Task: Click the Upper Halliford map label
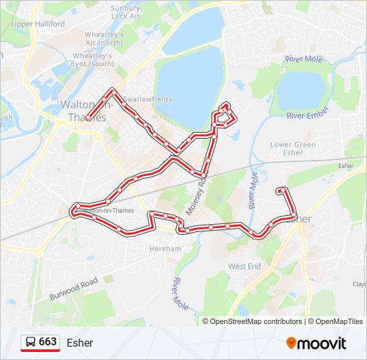[38, 24]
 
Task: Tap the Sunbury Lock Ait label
[125, 12]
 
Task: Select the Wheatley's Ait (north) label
[104, 39]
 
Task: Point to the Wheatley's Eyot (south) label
[93, 59]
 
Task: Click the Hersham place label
[165, 249]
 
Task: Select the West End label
[245, 266]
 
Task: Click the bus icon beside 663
[31, 343]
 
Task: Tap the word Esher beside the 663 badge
[80, 343]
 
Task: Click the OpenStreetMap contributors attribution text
[256, 321]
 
